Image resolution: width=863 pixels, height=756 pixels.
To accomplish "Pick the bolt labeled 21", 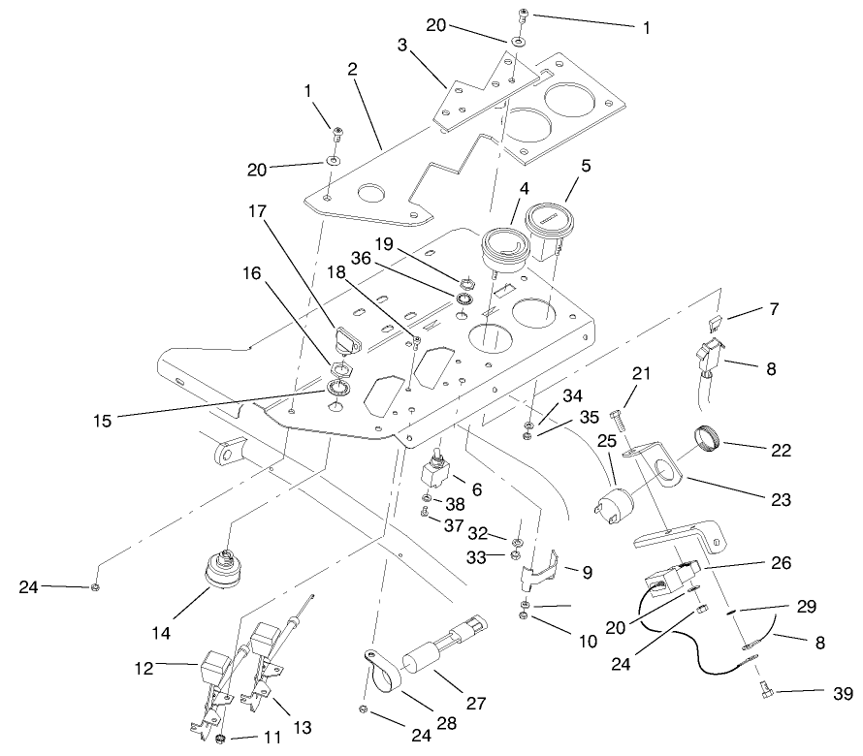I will (x=620, y=422).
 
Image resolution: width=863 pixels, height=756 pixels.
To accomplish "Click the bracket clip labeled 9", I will (x=538, y=573).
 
